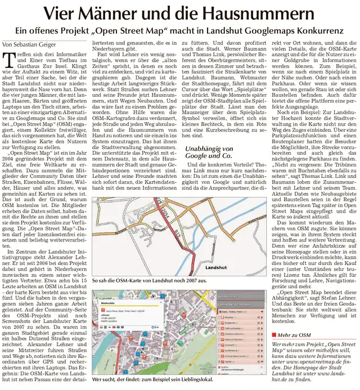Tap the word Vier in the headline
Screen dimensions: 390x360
coord(60,12)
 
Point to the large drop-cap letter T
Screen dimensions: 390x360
coord(7,59)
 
